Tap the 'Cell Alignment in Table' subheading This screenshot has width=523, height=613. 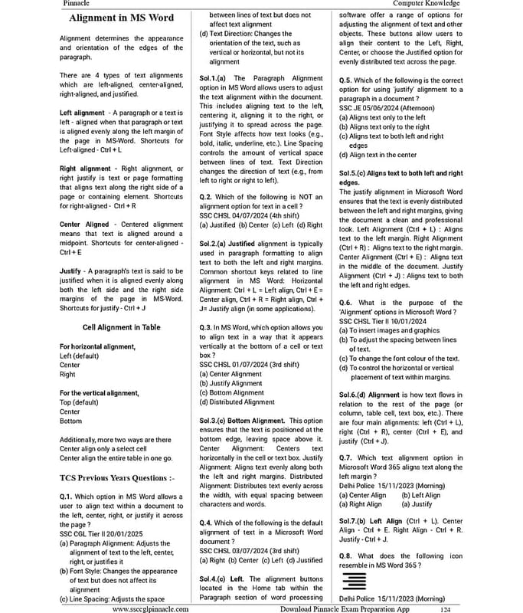point(122,327)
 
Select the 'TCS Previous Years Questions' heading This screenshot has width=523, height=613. point(117,478)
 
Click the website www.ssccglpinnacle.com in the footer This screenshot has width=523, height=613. point(151,608)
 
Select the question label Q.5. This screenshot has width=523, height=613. point(346,79)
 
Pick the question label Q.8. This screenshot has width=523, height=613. point(346,555)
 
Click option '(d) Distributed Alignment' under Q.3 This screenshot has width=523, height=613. point(237,402)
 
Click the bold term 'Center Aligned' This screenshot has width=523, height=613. point(84,225)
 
